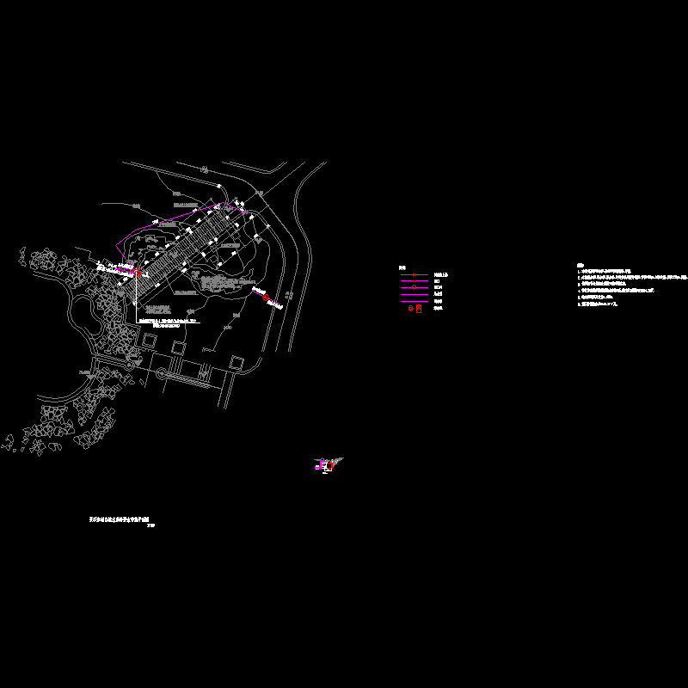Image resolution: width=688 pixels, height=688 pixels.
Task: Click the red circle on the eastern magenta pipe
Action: (267, 298)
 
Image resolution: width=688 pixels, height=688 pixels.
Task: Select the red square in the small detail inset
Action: (331, 464)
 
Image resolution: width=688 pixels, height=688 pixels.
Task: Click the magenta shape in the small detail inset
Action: (322, 466)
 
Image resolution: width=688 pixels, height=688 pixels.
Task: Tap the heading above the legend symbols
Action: (402, 267)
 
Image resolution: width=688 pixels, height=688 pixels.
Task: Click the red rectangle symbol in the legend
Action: (419, 309)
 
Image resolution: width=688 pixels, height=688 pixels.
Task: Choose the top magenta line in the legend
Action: (415, 274)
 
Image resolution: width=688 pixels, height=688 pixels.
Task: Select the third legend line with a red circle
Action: (415, 288)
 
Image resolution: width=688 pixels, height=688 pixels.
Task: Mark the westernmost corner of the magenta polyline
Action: (114, 261)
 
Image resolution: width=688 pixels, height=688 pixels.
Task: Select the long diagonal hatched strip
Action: (185, 249)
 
